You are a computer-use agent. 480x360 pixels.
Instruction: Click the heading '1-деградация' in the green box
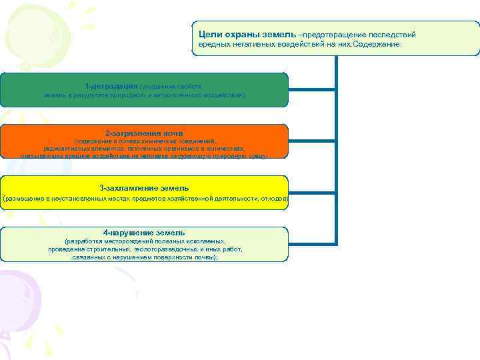(112, 86)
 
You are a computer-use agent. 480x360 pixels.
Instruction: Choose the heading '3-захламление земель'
(144, 188)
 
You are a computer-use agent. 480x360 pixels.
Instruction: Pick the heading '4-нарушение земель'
(144, 232)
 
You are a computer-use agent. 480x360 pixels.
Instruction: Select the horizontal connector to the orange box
(313, 141)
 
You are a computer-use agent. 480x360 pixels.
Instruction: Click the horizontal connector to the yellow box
(313, 192)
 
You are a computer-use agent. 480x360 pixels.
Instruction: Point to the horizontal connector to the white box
(313, 243)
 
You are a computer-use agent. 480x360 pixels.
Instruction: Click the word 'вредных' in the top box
(212, 45)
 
